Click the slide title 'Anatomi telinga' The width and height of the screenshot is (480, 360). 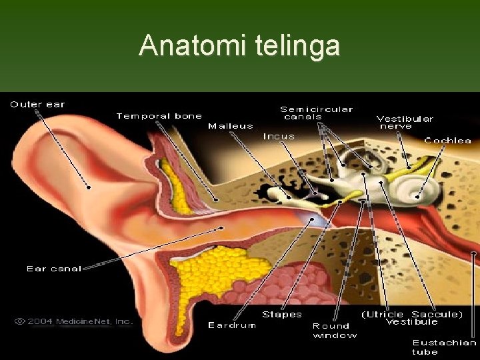click(239, 45)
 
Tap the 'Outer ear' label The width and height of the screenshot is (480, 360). click(37, 104)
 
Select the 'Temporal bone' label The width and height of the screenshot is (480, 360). click(159, 116)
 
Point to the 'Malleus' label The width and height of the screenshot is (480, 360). click(231, 125)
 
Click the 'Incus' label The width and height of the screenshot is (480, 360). click(279, 136)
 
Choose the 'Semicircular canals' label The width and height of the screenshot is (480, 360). click(316, 113)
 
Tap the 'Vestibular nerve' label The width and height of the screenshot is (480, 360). click(405, 122)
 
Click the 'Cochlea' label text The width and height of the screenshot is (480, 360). click(448, 141)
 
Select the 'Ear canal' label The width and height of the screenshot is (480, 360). click(54, 269)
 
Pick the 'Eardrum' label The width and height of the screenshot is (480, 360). click(231, 325)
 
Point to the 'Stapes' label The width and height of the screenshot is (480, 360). click(282, 314)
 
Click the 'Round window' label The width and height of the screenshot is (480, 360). click(335, 330)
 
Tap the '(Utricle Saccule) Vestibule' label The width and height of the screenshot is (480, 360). click(412, 318)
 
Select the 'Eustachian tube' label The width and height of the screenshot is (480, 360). click(444, 347)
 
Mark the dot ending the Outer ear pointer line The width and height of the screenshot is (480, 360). click(88, 187)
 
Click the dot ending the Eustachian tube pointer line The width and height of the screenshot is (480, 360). click(474, 253)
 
